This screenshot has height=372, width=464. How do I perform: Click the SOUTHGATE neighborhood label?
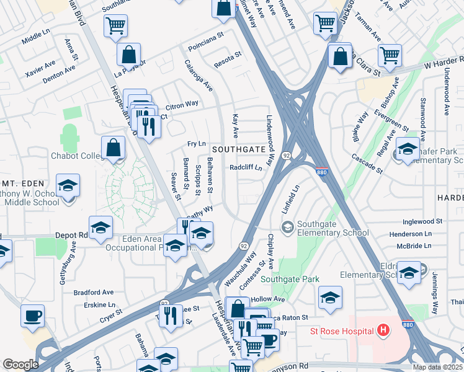[240, 150]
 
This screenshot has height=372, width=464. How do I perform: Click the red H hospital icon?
[383, 330]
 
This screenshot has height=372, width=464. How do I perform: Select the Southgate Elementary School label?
[332, 228]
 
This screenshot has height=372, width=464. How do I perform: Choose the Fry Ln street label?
[196, 144]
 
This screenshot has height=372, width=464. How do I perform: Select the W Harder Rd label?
[432, 64]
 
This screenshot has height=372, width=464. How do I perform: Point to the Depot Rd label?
[75, 235]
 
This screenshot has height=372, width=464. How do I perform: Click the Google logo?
[20, 365]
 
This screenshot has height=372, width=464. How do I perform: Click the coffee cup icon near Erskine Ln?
[32, 316]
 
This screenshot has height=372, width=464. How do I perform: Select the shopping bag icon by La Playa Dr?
[128, 55]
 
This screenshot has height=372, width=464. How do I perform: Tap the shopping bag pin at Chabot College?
[113, 148]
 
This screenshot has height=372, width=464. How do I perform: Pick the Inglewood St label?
[422, 221]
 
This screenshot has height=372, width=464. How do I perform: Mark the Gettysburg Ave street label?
[68, 267]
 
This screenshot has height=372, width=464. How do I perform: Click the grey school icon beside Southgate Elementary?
[287, 228]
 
